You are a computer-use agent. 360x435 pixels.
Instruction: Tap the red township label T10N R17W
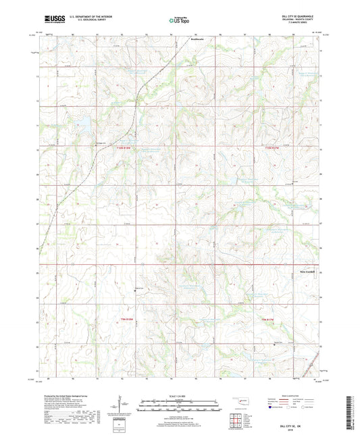pyautogui.click(x=272, y=147)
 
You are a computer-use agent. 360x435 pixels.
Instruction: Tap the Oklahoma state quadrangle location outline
pyautogui.click(x=240, y=403)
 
